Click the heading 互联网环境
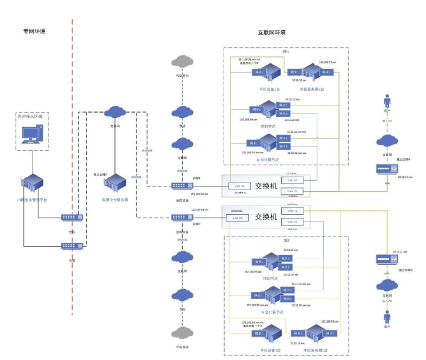click(x=272, y=33)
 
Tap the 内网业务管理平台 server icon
click(x=35, y=184)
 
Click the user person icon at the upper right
click(x=387, y=102)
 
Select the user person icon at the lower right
click(x=387, y=320)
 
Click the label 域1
click(x=286, y=52)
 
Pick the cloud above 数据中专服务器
click(x=114, y=112)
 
